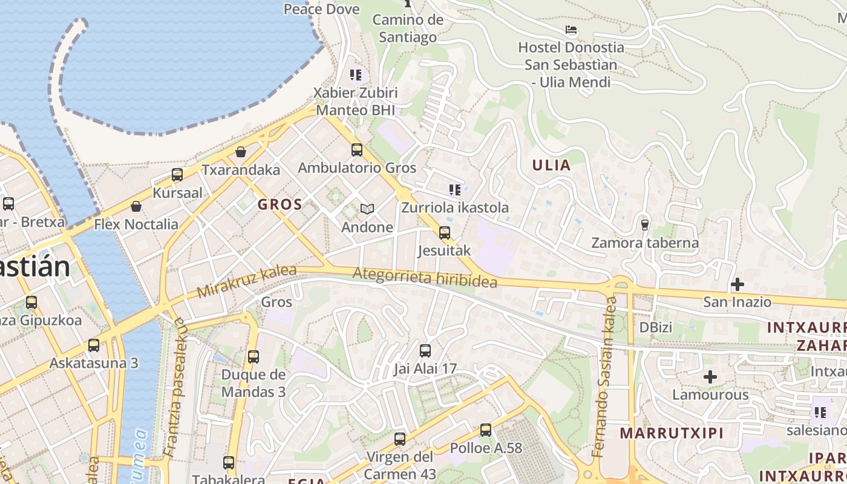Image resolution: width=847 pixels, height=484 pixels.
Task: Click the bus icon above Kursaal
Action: click(177, 175)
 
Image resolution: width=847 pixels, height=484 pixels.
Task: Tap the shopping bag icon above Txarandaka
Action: click(241, 151)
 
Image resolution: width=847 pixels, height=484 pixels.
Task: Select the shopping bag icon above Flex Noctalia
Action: click(136, 206)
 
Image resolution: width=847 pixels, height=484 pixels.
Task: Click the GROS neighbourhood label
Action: click(280, 204)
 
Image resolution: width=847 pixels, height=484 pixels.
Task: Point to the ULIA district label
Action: click(551, 165)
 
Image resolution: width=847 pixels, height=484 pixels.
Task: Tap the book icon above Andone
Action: click(367, 209)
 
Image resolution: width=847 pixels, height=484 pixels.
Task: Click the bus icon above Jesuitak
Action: click(445, 232)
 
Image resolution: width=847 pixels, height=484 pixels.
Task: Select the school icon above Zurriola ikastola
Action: click(455, 190)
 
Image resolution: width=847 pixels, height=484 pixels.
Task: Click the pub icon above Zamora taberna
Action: click(645, 224)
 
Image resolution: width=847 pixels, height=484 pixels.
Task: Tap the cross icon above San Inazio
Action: click(737, 284)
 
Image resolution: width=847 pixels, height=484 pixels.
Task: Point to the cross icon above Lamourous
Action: click(710, 377)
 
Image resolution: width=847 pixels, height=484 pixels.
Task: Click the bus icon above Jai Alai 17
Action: click(425, 350)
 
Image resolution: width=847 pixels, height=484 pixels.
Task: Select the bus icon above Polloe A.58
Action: click(486, 430)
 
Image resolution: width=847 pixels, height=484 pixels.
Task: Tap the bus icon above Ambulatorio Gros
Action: click(357, 149)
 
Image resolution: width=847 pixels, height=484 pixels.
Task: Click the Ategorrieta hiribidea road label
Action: click(425, 277)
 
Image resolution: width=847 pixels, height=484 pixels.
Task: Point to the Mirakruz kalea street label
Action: click(247, 281)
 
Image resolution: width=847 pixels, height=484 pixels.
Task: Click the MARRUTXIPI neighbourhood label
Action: click(672, 433)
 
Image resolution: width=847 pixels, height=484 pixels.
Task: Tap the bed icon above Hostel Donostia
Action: click(571, 30)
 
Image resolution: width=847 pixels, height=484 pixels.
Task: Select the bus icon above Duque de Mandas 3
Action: click(253, 356)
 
